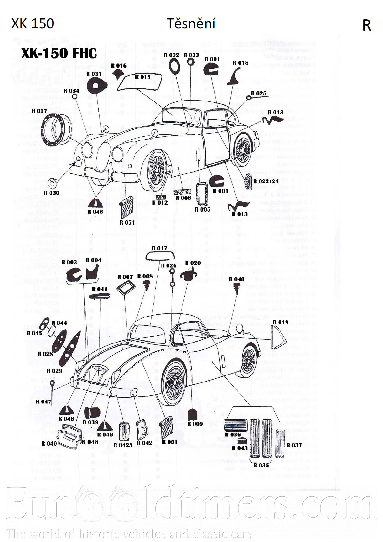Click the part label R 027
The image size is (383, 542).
point(39,111)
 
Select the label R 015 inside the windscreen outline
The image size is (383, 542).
point(143,77)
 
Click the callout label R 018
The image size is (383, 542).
point(241,63)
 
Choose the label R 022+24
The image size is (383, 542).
point(266,181)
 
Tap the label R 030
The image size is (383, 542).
point(51,193)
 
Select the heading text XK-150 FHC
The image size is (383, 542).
point(59,53)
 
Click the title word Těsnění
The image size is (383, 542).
point(191,24)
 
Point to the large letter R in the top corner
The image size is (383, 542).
point(366,26)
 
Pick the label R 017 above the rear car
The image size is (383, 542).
point(159,248)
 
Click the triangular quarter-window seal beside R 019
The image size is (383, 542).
point(278,336)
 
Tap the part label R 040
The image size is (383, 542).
point(237,279)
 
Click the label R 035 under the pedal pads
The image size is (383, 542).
point(261,465)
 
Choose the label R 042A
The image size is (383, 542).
point(123,445)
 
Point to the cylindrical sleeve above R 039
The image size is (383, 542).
point(92,412)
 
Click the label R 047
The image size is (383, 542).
point(43,402)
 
